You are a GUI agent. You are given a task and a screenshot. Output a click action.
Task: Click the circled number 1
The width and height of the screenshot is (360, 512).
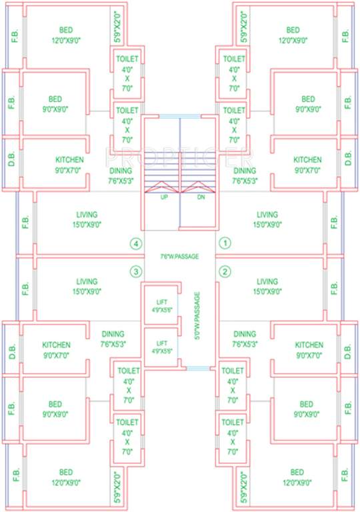coord(225,244)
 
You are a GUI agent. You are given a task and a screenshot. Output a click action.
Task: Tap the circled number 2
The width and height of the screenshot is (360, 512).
coord(225,271)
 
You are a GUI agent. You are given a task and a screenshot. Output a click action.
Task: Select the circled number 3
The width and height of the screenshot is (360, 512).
coord(136,271)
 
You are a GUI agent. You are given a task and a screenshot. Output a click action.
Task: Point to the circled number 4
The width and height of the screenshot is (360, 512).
coord(136,244)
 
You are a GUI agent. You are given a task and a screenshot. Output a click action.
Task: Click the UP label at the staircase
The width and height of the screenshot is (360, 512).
coord(163,197)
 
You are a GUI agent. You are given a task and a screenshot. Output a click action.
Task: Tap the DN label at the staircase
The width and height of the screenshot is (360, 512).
coord(201,197)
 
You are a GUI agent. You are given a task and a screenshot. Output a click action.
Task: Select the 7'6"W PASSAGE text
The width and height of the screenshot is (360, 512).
coord(180,256)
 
